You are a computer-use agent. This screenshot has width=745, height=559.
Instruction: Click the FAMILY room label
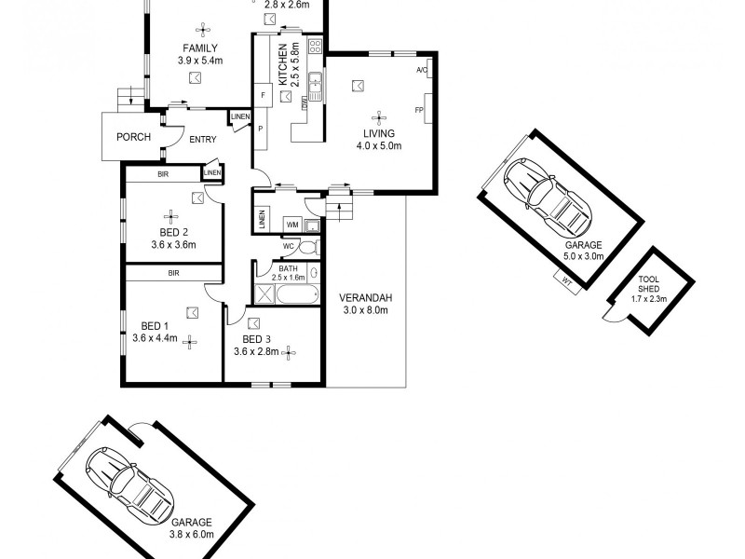pyautogui.click(x=200, y=48)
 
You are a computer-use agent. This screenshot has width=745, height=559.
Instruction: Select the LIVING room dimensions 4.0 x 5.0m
pyautogui.click(x=379, y=145)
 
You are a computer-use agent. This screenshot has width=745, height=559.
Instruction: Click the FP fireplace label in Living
pyautogui.click(x=419, y=111)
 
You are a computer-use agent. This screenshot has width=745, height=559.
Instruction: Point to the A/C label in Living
pyautogui.click(x=421, y=71)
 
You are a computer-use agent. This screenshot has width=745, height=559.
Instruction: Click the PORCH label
pyautogui.click(x=133, y=138)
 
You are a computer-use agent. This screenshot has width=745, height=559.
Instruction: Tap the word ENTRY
pyautogui.click(x=203, y=140)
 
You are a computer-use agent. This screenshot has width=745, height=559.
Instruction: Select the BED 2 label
pyautogui.click(x=174, y=232)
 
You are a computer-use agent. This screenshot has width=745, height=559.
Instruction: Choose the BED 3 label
pyautogui.click(x=256, y=339)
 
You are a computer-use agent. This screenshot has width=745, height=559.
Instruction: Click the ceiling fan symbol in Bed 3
pyautogui.click(x=289, y=352)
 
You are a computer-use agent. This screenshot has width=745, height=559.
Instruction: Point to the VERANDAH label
pyautogui.click(x=367, y=298)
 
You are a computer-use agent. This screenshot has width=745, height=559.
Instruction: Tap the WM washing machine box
pyautogui.click(x=291, y=225)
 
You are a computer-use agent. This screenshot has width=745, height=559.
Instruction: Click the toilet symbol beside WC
pyautogui.click(x=311, y=247)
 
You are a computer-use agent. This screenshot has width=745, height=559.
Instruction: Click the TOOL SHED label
pyautogui.click(x=649, y=285)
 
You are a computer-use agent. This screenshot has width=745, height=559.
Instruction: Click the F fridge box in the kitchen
pyautogui.click(x=264, y=96)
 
